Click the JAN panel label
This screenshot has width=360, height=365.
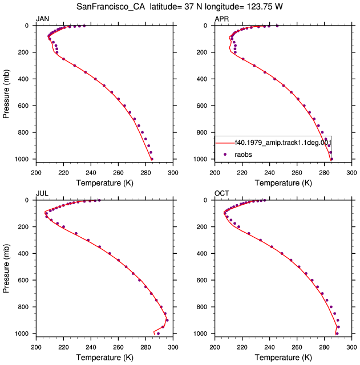point(42,19)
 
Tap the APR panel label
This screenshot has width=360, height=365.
point(222,19)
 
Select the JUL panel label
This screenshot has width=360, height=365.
point(42,193)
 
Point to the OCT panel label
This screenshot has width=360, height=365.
point(222,193)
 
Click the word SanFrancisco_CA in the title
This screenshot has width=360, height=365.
point(111,7)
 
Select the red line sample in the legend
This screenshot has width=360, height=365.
point(225,143)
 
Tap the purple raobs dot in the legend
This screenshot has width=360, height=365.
point(225,154)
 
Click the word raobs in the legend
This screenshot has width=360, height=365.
point(243,155)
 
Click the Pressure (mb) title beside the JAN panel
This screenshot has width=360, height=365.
point(6,94)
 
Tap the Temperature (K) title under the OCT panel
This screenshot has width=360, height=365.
point(283,358)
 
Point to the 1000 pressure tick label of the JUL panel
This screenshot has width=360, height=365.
point(22,334)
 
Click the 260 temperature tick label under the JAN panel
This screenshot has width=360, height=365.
point(118,173)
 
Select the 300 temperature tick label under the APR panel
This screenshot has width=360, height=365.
point(351,173)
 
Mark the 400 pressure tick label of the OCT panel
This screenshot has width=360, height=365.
point(201,253)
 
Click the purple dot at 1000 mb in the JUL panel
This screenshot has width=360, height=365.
point(159,334)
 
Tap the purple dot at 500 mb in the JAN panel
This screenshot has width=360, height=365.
point(112,92)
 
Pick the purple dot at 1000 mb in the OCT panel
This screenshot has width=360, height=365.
point(337,334)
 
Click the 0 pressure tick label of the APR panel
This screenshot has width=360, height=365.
point(205,26)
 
